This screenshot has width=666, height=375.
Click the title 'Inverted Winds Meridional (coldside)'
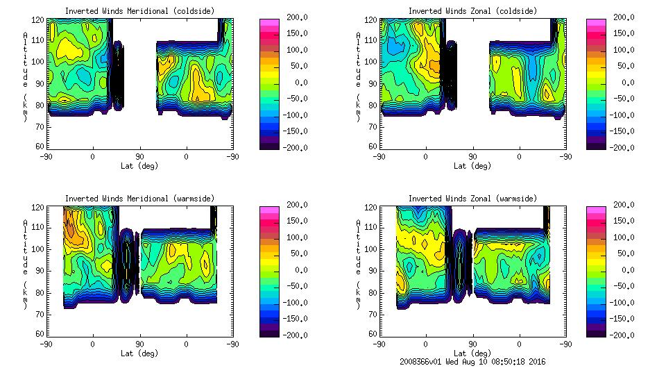pyautogui.click(x=139, y=11)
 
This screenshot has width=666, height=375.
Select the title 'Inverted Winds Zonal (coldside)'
pyautogui.click(x=472, y=11)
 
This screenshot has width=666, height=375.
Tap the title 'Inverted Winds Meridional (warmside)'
pyautogui.click(x=139, y=199)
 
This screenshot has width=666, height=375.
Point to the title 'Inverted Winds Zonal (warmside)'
pyautogui.click(x=472, y=199)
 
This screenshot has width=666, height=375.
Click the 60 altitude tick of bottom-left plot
pyautogui.click(x=42, y=334)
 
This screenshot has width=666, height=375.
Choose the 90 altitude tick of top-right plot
pyautogui.click(x=375, y=83)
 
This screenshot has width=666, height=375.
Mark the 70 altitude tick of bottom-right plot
pyautogui.click(x=375, y=313)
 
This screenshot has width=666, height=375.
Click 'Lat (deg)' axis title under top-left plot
pyautogui.click(x=139, y=165)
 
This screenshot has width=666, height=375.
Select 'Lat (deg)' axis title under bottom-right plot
pyautogui.click(x=472, y=352)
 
